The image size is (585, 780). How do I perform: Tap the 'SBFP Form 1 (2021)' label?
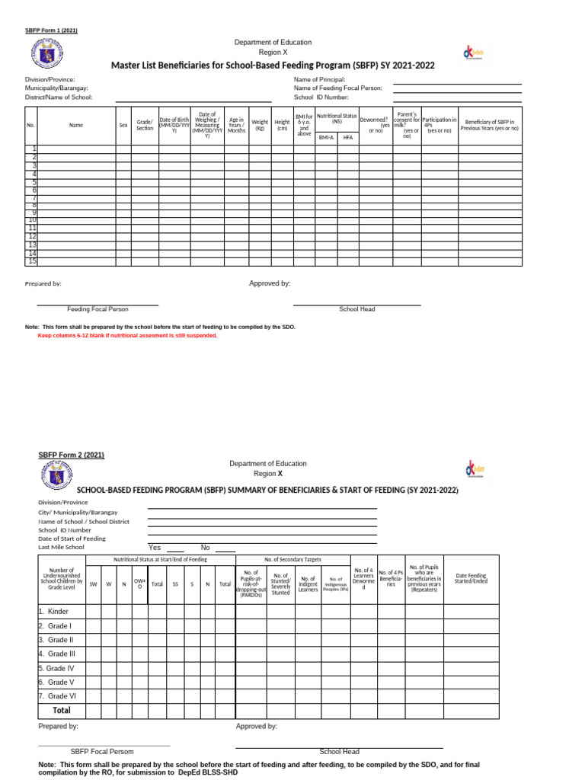coord(52,30)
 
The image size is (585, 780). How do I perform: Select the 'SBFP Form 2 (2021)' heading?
coord(72,456)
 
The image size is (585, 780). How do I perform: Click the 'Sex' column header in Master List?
coord(123,125)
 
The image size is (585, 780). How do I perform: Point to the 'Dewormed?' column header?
coord(375,123)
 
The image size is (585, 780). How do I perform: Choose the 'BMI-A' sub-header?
coord(325,138)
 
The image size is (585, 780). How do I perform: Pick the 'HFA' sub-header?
coord(347,138)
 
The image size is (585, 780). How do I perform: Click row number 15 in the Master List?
coord(32,261)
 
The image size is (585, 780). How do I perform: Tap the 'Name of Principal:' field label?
coord(320,79)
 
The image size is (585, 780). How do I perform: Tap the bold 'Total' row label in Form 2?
coord(61,710)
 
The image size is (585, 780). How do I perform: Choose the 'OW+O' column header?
coord(139,583)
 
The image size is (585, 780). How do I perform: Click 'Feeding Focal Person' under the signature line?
coord(97,309)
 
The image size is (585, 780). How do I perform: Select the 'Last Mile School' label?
coord(61,547)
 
